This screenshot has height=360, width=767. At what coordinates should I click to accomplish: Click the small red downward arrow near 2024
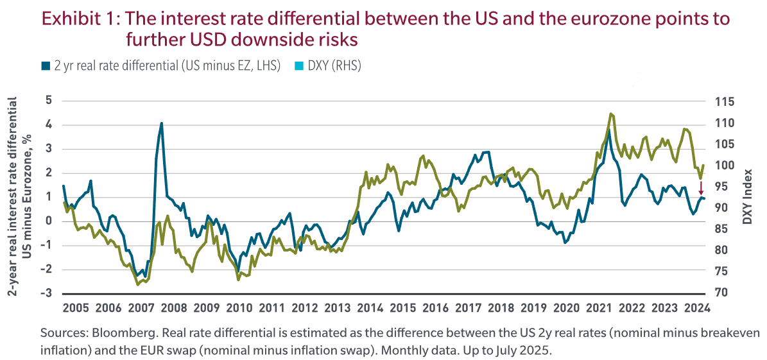701,188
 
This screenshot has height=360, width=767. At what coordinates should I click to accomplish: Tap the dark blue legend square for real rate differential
44,65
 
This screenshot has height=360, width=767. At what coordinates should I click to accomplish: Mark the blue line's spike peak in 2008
162,123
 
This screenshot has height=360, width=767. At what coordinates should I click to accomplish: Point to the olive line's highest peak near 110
611,114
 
